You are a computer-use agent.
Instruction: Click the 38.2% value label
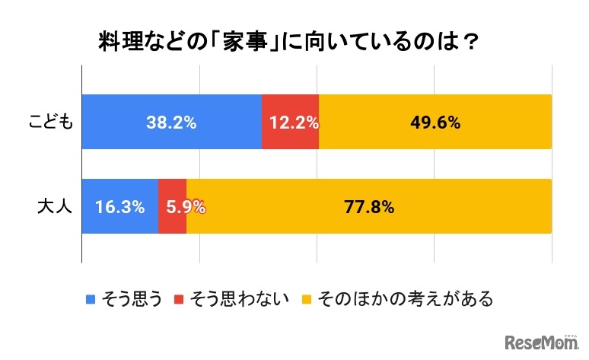[171, 123]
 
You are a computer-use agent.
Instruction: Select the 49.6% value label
[435, 123]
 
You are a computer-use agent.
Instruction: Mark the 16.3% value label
[120, 207]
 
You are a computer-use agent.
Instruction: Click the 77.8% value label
[368, 207]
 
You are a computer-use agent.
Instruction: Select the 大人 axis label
[55, 207]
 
